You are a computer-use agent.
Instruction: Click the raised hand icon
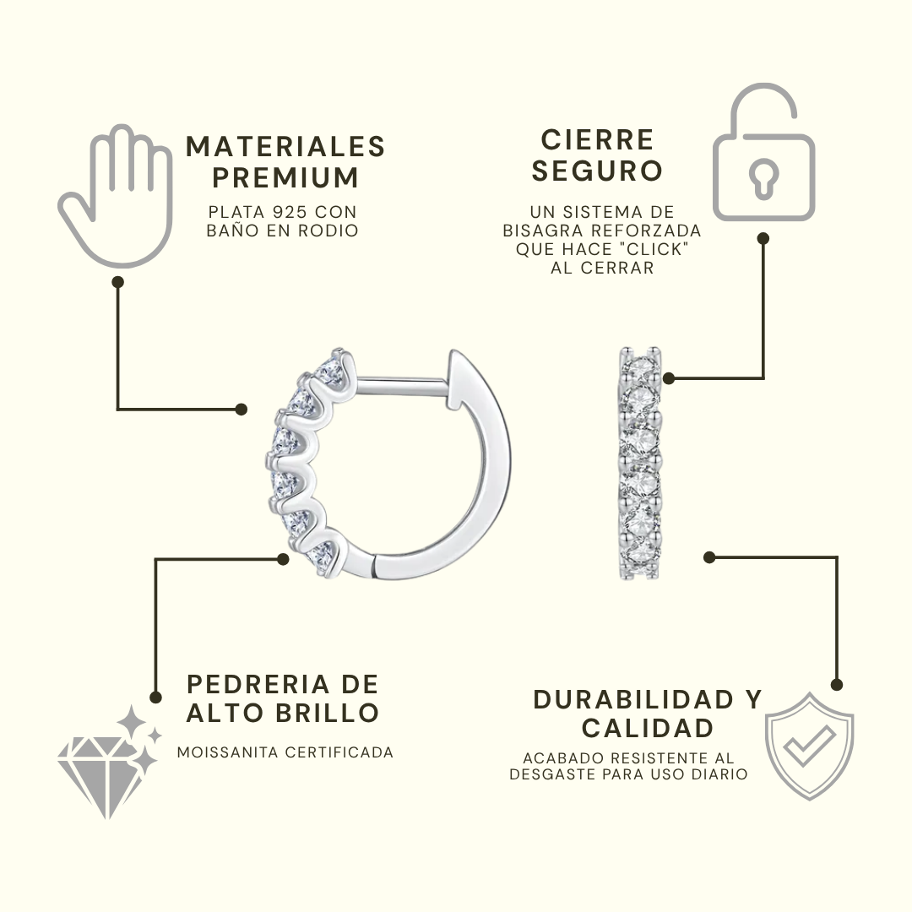(117, 195)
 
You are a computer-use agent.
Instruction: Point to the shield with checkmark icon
(809, 746)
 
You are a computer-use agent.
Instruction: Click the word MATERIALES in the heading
(285, 147)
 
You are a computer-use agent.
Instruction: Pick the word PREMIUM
(285, 177)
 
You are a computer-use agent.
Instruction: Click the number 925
(290, 212)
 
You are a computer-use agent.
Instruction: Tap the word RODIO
(328, 231)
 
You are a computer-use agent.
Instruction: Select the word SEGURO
(597, 171)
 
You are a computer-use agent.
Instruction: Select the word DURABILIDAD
(633, 700)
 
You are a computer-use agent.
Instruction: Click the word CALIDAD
(648, 728)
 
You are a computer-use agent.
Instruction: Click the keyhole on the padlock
(763, 178)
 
